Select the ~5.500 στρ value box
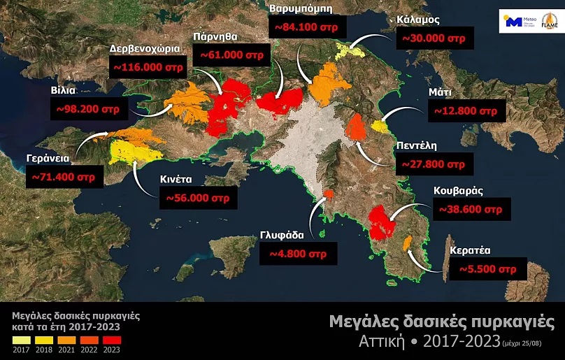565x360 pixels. (488, 268)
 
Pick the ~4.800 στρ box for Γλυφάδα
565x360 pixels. (298, 253)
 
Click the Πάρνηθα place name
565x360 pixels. (218, 36)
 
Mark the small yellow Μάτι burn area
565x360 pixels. (380, 126)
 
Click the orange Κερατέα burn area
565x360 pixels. (406, 243)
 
